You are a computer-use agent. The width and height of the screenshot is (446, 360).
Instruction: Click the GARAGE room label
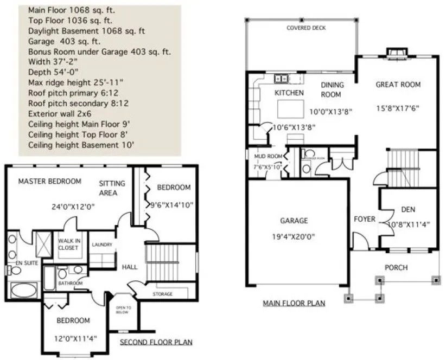point(294,221)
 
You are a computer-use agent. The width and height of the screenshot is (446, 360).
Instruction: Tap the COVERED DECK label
point(306,28)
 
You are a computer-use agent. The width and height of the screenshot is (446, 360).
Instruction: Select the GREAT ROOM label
point(398,85)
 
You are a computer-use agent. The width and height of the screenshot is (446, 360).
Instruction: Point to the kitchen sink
point(282,79)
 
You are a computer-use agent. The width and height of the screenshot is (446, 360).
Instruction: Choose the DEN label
point(408,210)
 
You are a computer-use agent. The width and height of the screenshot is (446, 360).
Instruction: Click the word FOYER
point(364,219)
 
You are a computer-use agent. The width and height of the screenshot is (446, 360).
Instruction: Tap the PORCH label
point(396,267)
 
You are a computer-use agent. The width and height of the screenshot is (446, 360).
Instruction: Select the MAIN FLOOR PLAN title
point(294,303)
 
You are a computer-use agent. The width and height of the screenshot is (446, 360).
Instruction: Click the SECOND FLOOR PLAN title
point(156,342)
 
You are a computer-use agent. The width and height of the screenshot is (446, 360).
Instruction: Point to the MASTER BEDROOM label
point(49,181)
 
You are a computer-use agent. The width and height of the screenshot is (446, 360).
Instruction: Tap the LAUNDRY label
point(102,245)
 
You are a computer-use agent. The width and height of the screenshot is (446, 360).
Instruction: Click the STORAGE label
point(162,294)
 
